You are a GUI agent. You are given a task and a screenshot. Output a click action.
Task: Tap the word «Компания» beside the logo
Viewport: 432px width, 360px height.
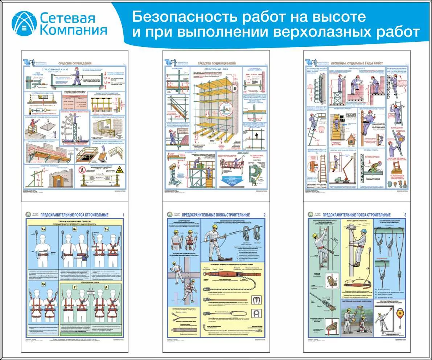pyautogui.click(x=73, y=29)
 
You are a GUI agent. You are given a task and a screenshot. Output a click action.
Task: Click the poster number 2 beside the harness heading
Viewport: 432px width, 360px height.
pyautogui.click(x=264, y=215)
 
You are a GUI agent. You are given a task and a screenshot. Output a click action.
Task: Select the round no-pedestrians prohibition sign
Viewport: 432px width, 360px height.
pyautogui.click(x=83, y=169)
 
